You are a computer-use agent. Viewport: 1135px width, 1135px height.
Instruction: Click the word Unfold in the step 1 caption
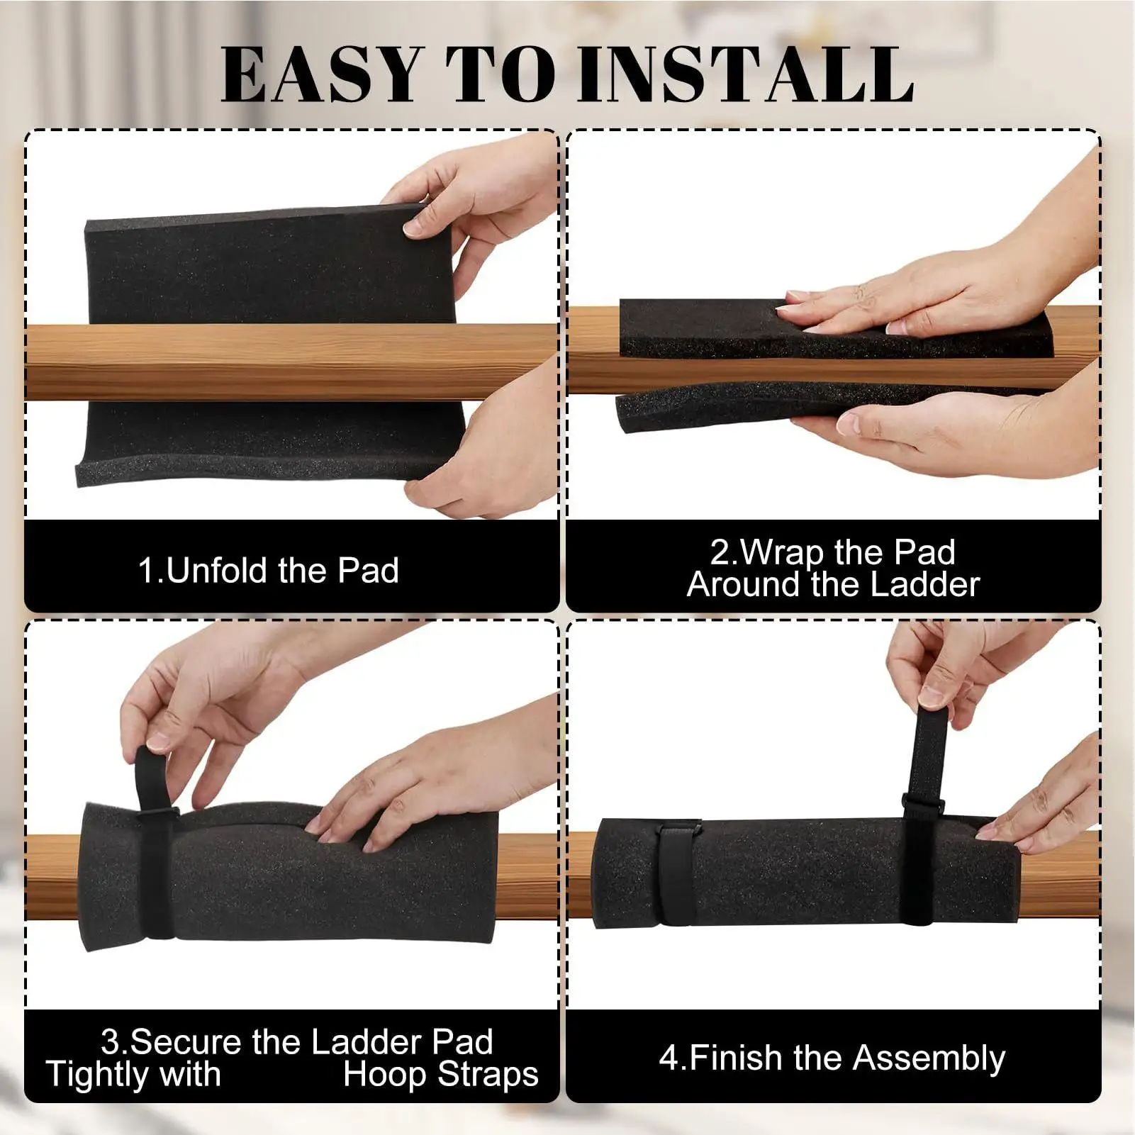[x=216, y=571]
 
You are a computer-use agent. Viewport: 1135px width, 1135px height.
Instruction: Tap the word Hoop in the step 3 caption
[x=386, y=1074]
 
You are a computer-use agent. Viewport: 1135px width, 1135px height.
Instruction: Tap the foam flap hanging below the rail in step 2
[x=709, y=411]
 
